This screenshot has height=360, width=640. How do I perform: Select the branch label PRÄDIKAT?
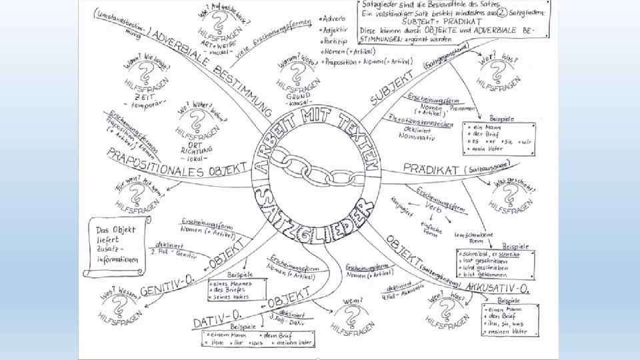click(432, 170)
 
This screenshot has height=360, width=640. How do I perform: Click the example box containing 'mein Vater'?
click(499, 138)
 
